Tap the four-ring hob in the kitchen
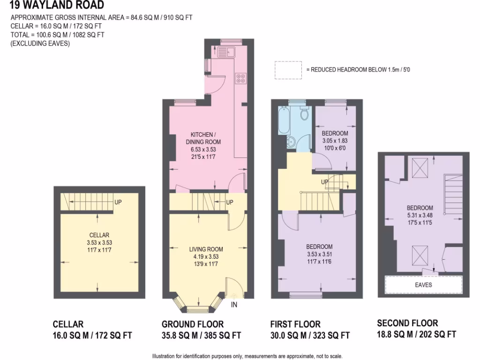240,78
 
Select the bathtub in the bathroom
284,120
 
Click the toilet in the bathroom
304,113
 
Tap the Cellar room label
99,235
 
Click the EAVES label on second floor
423,285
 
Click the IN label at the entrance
234,305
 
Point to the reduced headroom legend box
288,69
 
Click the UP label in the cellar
119,203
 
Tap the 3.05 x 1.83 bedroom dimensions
335,141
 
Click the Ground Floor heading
193,324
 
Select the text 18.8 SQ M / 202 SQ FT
416,334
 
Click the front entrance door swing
233,287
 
